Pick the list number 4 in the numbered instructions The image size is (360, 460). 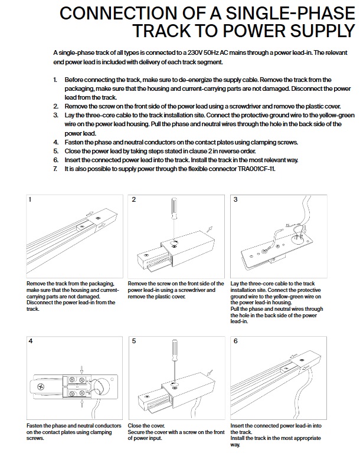click(55, 143)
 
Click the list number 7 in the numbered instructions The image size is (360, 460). click(55, 169)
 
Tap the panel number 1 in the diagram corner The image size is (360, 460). click(30, 200)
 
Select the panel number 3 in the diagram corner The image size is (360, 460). click(235, 200)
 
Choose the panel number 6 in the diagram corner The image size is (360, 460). click(235, 341)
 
